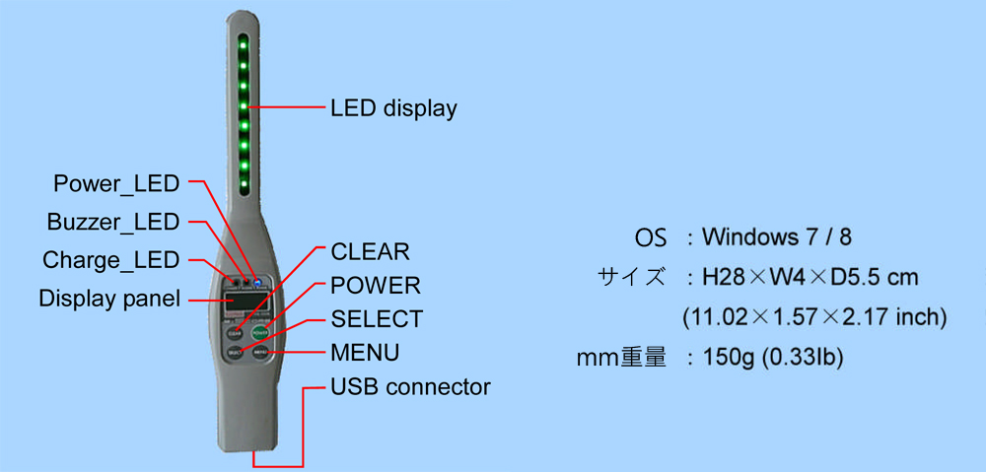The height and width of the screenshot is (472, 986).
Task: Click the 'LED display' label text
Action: click(393, 108)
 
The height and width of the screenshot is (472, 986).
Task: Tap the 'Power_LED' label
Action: click(116, 184)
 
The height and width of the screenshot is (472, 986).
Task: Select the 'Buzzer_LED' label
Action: click(113, 222)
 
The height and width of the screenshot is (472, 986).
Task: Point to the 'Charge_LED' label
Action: click(111, 259)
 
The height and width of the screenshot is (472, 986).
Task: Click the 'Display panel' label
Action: click(109, 298)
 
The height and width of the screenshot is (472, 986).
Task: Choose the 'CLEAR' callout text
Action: click(371, 251)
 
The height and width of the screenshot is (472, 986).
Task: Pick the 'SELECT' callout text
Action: click(378, 318)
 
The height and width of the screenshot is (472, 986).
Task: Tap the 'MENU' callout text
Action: click(366, 353)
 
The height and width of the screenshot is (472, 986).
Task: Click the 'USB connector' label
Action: click(410, 386)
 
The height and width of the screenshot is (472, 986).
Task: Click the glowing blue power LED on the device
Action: click(257, 281)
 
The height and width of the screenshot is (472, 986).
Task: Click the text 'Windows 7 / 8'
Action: click(777, 237)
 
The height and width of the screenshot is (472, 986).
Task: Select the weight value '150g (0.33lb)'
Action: click(765, 358)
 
